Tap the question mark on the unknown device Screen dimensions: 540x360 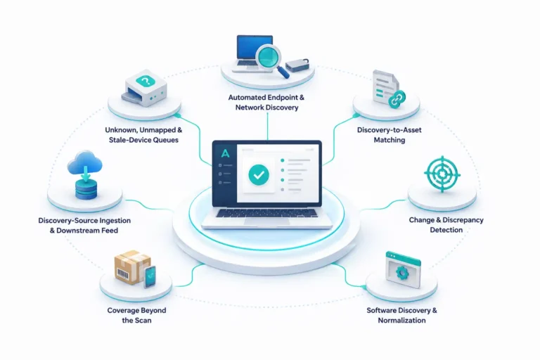tap(146, 82)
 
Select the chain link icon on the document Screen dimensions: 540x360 tap(397, 98)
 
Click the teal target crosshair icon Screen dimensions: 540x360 tap(442, 174)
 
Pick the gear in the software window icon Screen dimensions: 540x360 tap(401, 273)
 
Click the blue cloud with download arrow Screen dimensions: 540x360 tap(84, 163)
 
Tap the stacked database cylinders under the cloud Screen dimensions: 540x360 tap(86, 188)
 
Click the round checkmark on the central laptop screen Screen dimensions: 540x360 tap(259, 175)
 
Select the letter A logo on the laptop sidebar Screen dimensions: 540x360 tap(225, 153)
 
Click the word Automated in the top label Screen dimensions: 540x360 tap(247, 98)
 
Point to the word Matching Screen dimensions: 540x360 tap(390, 140)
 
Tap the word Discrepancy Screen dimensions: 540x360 tap(463, 220)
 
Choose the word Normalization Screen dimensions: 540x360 tap(402, 321)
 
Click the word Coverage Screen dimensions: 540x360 tap(123, 310)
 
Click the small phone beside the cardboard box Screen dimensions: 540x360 tap(150, 277)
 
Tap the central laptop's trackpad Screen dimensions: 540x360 tap(267, 221)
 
